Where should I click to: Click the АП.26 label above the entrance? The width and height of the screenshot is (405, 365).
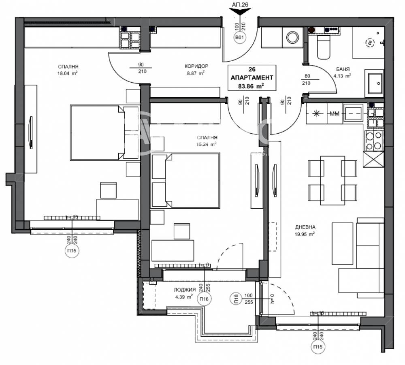point(240,4)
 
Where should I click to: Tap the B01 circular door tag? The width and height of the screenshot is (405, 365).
point(240,38)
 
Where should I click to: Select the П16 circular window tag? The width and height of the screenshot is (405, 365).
point(204,299)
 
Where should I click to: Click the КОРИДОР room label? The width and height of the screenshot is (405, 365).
point(196,66)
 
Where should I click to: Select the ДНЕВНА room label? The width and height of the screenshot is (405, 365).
point(306,227)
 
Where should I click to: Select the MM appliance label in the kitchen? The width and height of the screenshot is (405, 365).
point(334,114)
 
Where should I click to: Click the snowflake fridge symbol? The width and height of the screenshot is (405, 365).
point(316,114)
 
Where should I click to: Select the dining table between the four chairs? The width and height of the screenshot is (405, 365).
point(332,179)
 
